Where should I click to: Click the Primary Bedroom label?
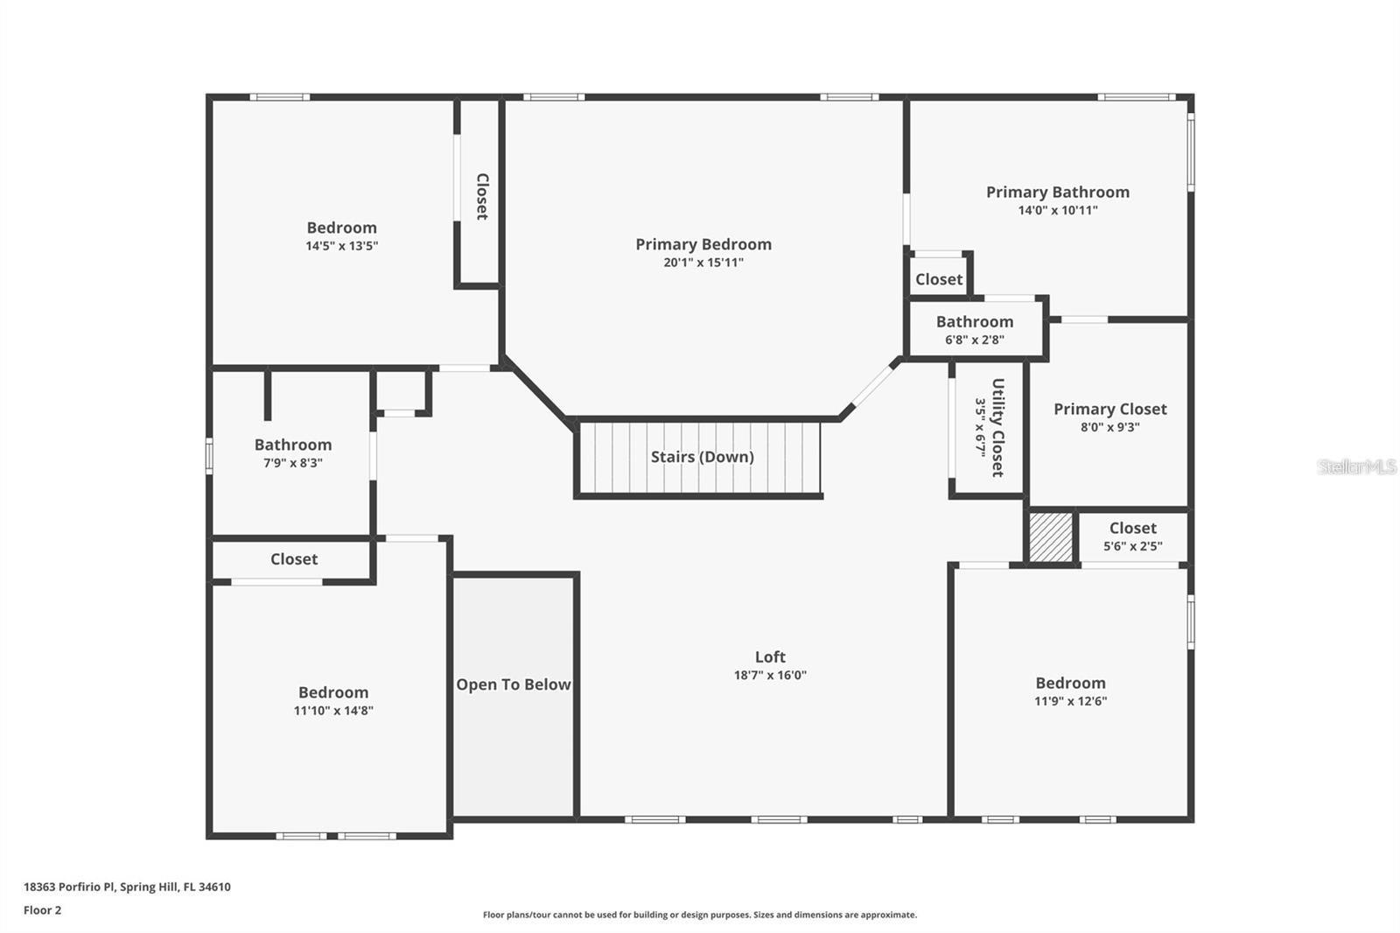(703, 244)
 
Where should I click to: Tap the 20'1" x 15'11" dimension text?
(703, 263)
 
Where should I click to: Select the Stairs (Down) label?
(702, 457)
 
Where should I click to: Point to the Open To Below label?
(514, 684)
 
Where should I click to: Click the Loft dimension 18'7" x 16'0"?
(770, 675)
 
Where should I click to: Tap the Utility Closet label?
(997, 427)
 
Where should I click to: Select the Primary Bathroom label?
(1057, 192)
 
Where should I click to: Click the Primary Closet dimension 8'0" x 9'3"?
(1109, 427)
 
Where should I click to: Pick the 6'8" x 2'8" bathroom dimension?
(974, 340)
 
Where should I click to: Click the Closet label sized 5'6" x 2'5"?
(1132, 528)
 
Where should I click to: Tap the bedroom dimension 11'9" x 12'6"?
(1070, 701)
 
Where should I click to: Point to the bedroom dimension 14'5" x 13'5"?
(341, 246)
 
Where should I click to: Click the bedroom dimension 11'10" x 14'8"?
(333, 711)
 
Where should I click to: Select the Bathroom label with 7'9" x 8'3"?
(293, 445)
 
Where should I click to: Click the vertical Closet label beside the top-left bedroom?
(481, 196)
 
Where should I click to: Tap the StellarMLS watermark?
(1356, 466)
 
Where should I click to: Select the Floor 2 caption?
(42, 910)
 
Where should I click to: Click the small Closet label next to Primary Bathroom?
(938, 279)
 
